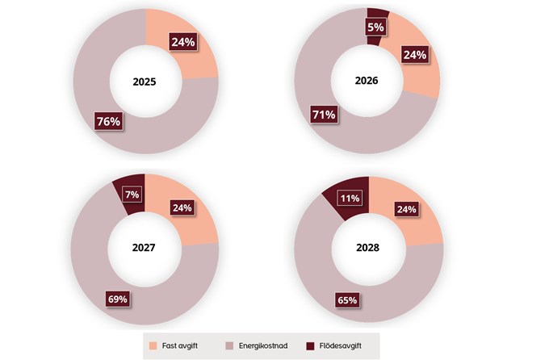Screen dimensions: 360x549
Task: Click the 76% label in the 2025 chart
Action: coord(108,123)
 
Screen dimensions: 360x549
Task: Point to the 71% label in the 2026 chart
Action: coord(324,115)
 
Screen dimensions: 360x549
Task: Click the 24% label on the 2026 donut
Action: coord(414,57)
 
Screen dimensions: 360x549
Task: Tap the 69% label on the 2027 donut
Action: coord(118,299)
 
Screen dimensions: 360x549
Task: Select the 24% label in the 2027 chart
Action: coord(182,207)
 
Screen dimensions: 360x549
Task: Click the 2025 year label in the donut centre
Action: coord(146,82)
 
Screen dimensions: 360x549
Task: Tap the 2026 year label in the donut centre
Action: coord(367,82)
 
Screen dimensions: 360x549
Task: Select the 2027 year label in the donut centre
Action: coord(145,249)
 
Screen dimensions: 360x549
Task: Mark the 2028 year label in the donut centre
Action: coord(368,249)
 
